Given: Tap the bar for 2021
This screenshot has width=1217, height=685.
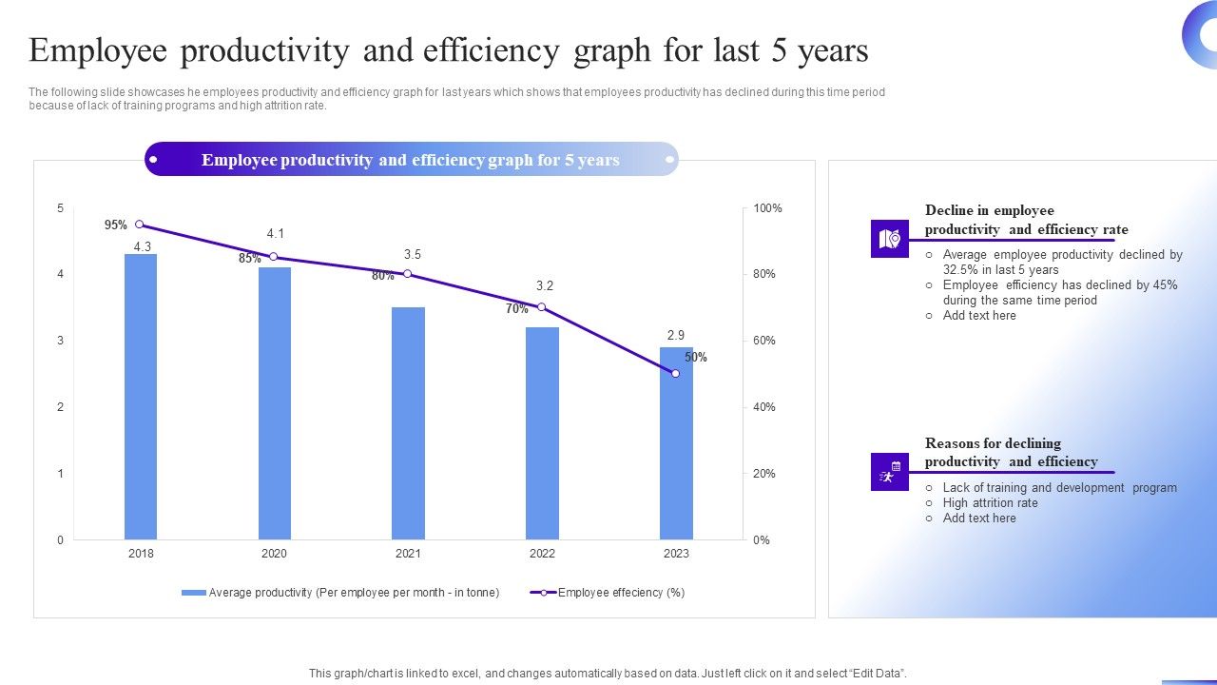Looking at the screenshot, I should pos(408,423).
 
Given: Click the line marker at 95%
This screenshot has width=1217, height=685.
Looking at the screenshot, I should pos(140,225).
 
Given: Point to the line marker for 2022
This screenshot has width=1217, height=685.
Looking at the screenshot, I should pos(542,307).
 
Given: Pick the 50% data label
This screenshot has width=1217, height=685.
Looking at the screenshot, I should pos(696,358).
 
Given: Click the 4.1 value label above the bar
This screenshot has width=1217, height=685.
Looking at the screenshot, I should pos(276,233).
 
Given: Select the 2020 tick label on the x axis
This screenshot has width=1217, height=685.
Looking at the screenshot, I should pos(274,554).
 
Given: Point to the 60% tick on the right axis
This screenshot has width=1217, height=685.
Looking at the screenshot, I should pos(763,341).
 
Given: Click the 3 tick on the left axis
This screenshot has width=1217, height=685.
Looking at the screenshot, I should pos(61,341).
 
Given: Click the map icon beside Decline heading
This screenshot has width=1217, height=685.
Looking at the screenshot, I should pos(890,239).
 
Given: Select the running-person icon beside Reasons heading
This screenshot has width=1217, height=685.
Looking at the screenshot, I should pos(890,472).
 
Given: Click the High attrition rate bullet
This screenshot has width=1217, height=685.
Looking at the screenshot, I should pos(990,503).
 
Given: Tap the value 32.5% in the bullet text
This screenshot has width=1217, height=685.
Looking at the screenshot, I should pos(961,270).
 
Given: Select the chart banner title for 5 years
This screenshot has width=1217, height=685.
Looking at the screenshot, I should pos(411,160).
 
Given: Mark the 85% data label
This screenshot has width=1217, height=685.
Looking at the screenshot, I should pos(249,259).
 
